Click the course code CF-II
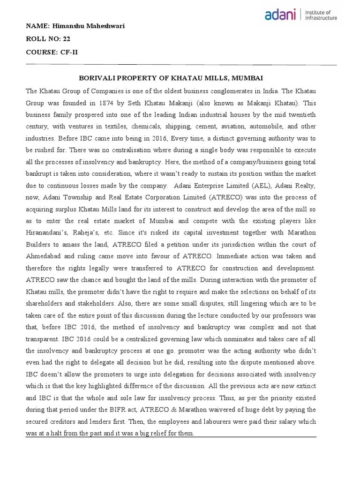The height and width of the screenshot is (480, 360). point(68,52)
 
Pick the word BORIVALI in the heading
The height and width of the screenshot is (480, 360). point(93,77)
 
